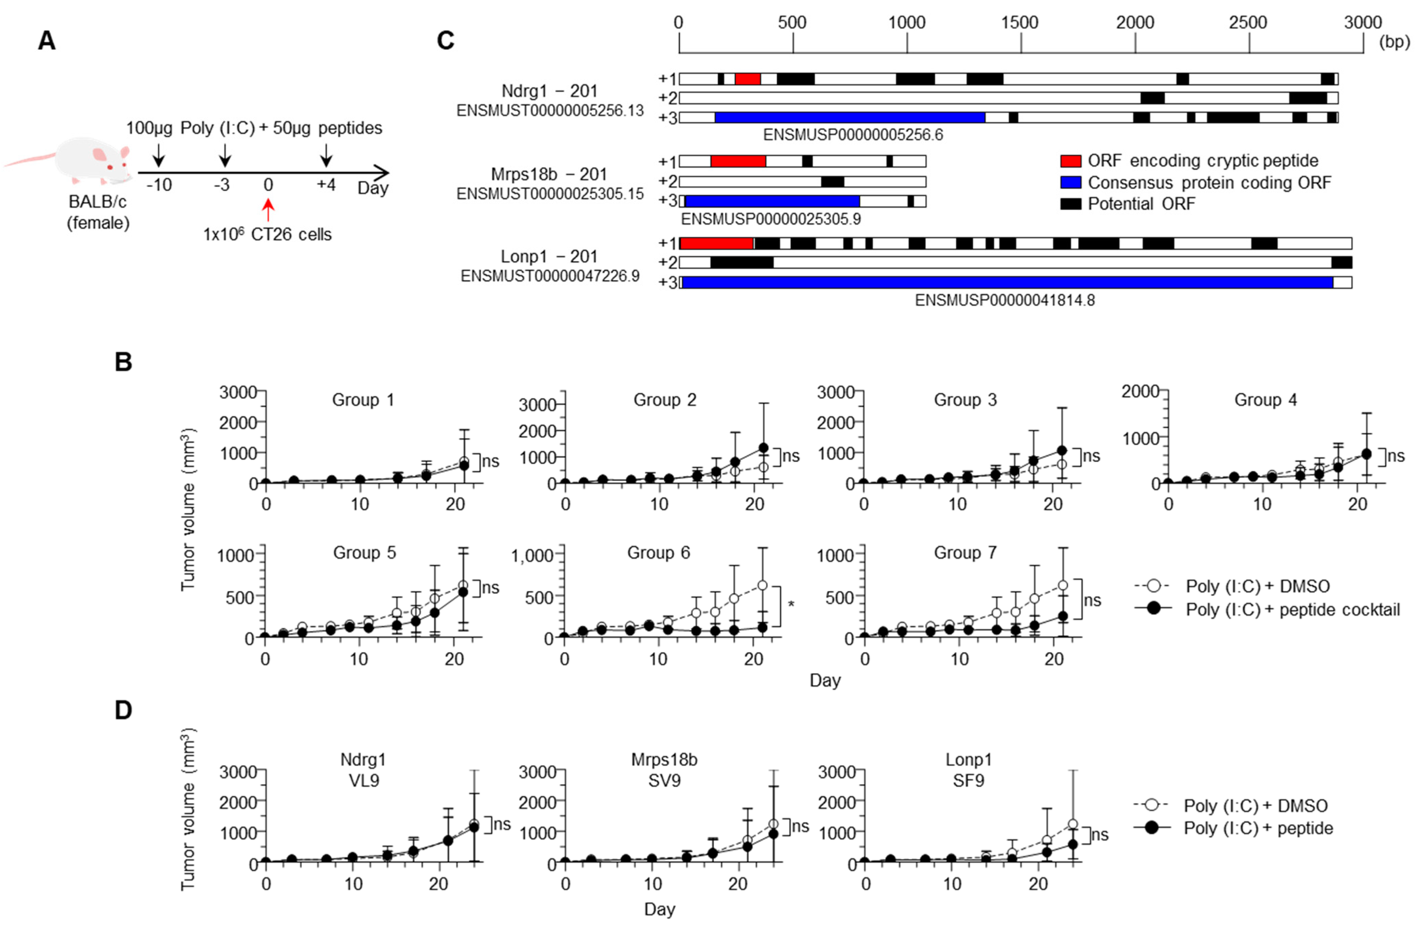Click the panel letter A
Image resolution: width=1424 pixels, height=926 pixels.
tap(47, 41)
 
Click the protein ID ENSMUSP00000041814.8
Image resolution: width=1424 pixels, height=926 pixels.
tap(1005, 300)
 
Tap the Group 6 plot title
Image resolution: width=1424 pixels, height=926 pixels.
tap(658, 553)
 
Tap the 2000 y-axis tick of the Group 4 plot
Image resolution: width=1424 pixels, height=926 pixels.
tap(1140, 391)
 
